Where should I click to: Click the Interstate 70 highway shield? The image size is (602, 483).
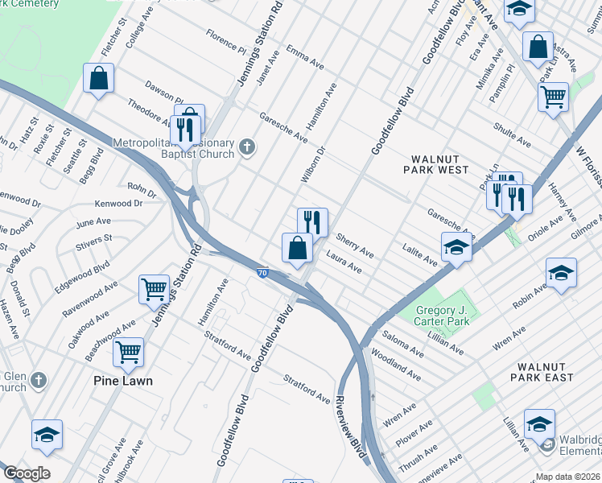263,274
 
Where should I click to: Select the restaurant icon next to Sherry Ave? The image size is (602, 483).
312,221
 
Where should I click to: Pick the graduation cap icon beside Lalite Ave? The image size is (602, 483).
456,246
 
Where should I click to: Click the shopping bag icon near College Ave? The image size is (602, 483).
98,79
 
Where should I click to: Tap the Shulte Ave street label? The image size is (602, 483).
512,134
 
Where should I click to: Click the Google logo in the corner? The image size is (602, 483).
27,473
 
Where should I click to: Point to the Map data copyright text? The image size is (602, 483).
568,477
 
